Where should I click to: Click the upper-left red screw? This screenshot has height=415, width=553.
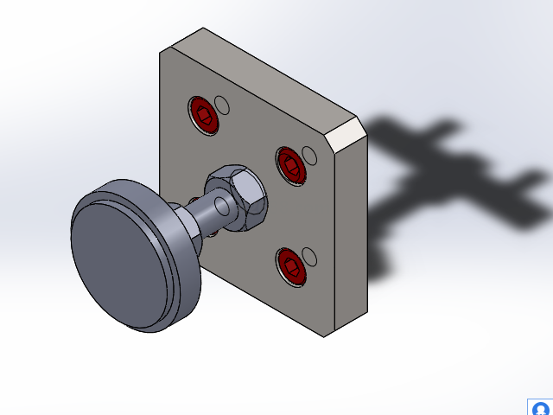click(x=205, y=115)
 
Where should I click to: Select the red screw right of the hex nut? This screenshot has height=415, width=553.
click(x=291, y=164)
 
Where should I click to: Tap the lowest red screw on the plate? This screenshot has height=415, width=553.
click(x=290, y=265)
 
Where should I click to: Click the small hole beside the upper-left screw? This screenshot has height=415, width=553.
click(x=223, y=105)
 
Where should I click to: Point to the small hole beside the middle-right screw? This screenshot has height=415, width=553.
click(x=309, y=156)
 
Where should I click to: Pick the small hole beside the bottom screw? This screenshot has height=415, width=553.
click(x=308, y=256)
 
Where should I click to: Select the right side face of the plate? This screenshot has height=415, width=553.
click(x=350, y=233)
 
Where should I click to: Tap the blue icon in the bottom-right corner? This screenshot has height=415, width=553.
click(x=540, y=407)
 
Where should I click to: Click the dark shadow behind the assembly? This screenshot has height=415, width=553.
click(x=449, y=182)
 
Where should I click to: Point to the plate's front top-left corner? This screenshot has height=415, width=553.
click(x=161, y=50)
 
